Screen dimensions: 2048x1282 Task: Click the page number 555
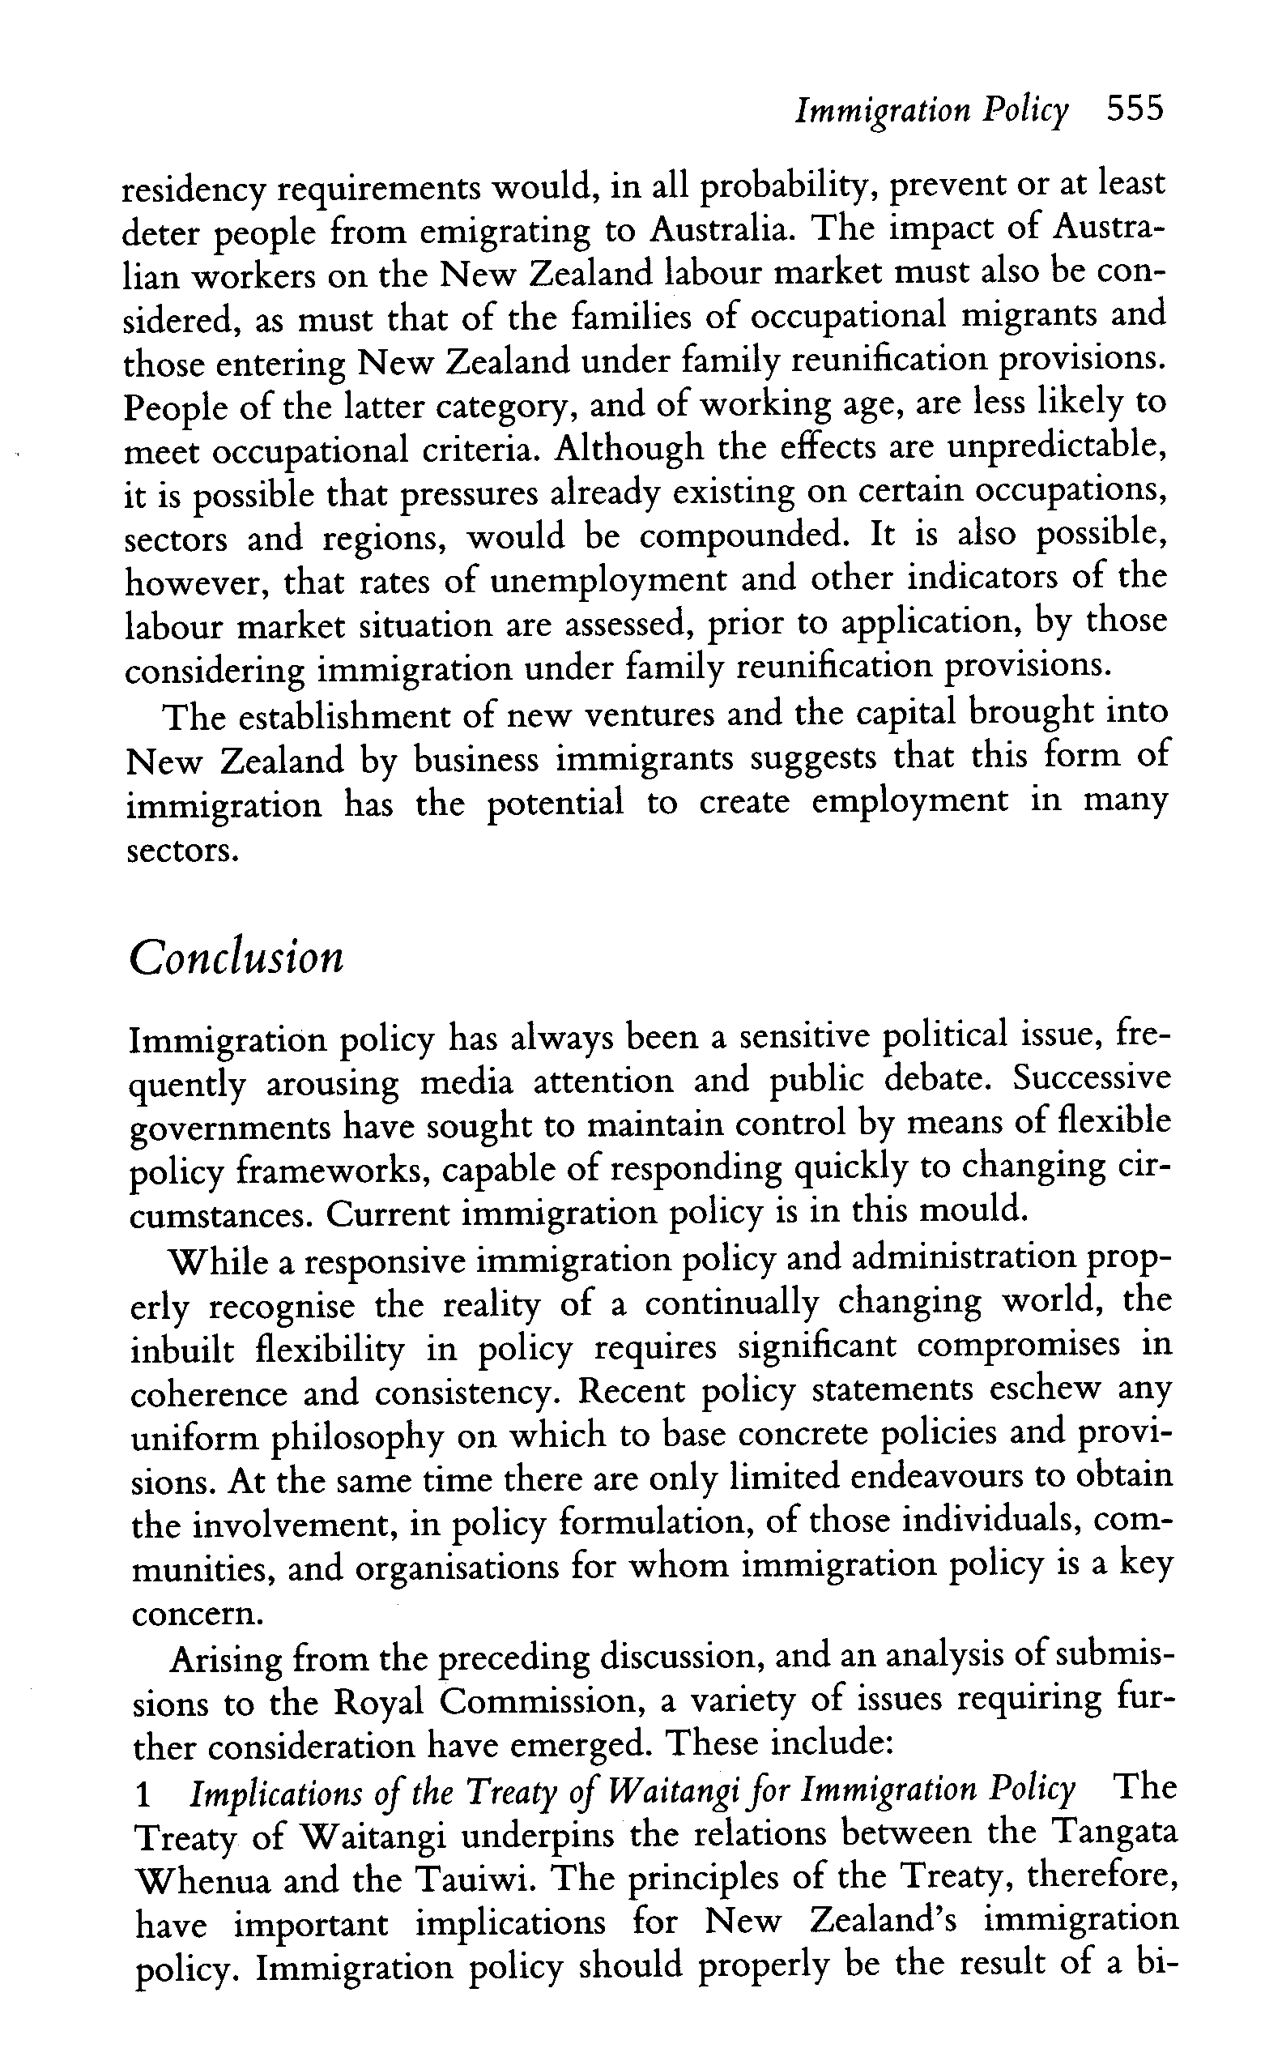(1135, 110)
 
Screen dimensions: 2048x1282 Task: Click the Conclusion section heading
(236, 958)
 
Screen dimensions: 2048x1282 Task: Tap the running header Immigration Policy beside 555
(931, 112)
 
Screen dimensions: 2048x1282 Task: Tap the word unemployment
(608, 581)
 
